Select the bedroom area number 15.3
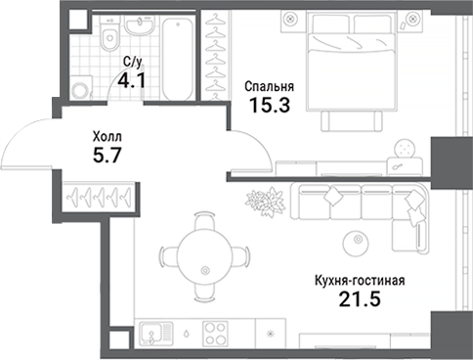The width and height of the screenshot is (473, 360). tap(269, 107)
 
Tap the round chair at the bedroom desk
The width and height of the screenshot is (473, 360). tap(405, 148)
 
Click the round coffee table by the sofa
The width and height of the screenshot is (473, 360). tap(354, 241)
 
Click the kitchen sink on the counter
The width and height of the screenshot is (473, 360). tap(152, 334)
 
